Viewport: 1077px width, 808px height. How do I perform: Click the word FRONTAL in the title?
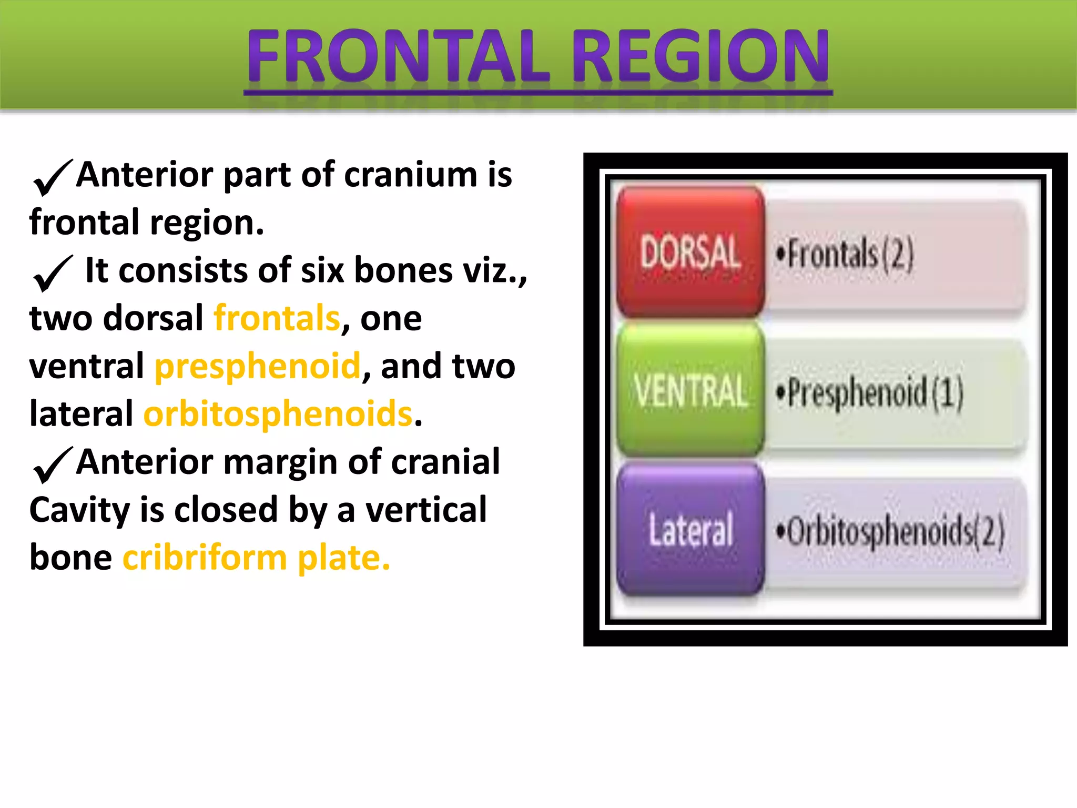pyautogui.click(x=398, y=56)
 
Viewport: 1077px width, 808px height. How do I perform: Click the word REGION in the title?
pyautogui.click(x=700, y=56)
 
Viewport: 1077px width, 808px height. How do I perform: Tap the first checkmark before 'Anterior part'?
pyautogui.click(x=52, y=178)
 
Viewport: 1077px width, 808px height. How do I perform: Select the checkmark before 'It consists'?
pyautogui.click(x=52, y=274)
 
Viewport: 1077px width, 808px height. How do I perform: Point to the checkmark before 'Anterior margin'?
pyautogui.click(x=52, y=465)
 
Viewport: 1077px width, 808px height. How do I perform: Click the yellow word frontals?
pyautogui.click(x=277, y=318)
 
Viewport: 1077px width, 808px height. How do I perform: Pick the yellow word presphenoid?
pyautogui.click(x=258, y=366)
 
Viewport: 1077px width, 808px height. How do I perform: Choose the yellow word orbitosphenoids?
pyautogui.click(x=278, y=414)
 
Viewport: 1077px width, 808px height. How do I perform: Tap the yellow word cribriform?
pyautogui.click(x=205, y=558)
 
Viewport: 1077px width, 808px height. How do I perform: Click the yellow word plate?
pyautogui.click(x=343, y=558)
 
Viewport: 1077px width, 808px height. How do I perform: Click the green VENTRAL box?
pyautogui.click(x=690, y=390)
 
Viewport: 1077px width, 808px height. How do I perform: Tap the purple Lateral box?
pyautogui.click(x=690, y=529)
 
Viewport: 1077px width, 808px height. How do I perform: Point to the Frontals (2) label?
pyautogui.click(x=845, y=255)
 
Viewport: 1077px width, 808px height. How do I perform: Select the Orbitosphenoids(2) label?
pyautogui.click(x=890, y=531)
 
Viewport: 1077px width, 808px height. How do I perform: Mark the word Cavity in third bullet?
pyautogui.click(x=79, y=510)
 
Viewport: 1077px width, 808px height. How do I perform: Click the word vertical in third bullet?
pyautogui.click(x=426, y=510)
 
